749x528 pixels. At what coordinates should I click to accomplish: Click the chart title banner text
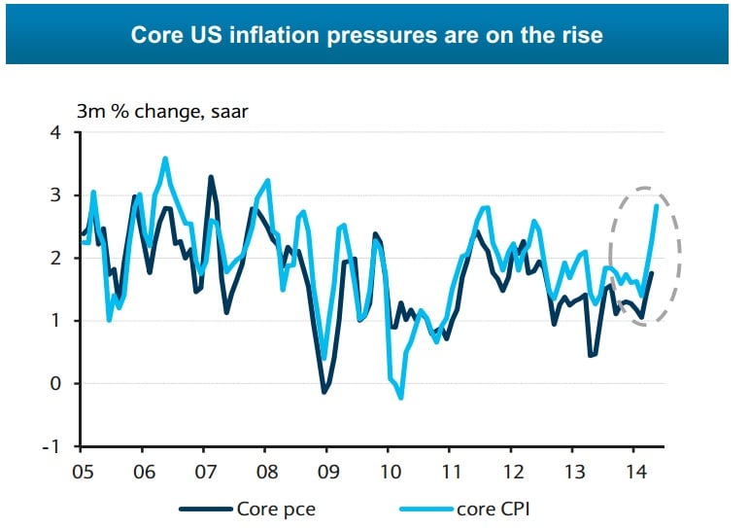(x=366, y=36)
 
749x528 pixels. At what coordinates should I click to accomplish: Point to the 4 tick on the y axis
(x=55, y=132)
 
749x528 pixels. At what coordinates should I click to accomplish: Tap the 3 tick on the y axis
(x=55, y=195)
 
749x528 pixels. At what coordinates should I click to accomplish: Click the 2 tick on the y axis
(x=55, y=258)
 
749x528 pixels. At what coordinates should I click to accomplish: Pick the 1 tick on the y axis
(x=55, y=321)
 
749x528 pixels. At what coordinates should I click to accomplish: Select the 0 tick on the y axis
(x=55, y=383)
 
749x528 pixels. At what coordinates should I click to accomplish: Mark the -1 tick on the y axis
(x=52, y=446)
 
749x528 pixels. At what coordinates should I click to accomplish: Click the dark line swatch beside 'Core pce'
(x=208, y=508)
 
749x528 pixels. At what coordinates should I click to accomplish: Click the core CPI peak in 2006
(x=165, y=158)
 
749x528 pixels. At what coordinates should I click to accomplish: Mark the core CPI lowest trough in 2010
(x=400, y=397)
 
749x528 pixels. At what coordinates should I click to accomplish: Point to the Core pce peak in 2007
(x=211, y=177)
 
